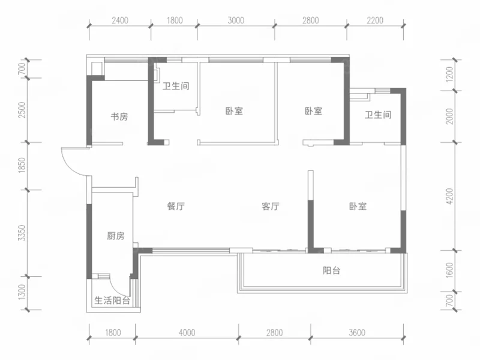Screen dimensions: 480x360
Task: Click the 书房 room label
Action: (x=119, y=116)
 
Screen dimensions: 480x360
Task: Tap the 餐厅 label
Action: (x=176, y=206)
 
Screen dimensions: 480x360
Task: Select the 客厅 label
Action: (x=271, y=206)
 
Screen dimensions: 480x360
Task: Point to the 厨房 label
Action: (x=116, y=236)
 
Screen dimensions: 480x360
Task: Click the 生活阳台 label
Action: (x=112, y=301)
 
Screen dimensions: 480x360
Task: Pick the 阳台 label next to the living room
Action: (x=332, y=271)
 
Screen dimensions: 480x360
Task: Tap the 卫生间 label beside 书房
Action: (x=176, y=86)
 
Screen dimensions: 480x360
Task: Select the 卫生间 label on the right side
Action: (x=378, y=115)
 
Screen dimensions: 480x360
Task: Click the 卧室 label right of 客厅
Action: (x=358, y=206)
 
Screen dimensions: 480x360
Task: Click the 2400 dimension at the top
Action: (x=120, y=20)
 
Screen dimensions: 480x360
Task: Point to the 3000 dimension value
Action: (x=236, y=20)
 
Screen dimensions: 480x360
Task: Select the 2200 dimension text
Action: (x=375, y=20)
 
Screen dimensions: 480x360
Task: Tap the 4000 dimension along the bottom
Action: (x=187, y=332)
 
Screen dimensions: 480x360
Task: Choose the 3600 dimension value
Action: (x=357, y=332)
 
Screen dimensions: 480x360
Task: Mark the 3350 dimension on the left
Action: (x=22, y=233)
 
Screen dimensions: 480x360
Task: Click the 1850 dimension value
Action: (x=22, y=166)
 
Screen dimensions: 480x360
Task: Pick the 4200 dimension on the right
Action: (x=449, y=197)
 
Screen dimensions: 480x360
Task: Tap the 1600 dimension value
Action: (x=449, y=271)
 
